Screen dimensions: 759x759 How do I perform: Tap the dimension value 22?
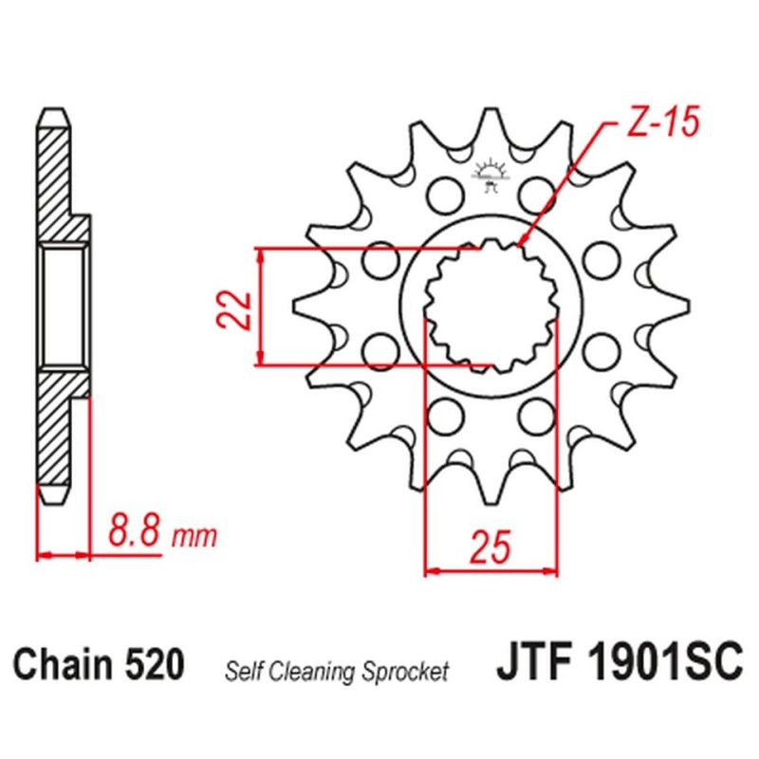233,311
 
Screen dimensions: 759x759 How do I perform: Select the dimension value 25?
491,547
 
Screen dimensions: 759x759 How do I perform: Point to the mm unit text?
194,536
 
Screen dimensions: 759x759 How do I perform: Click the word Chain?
63,664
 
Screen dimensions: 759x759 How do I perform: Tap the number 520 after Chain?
155,664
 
